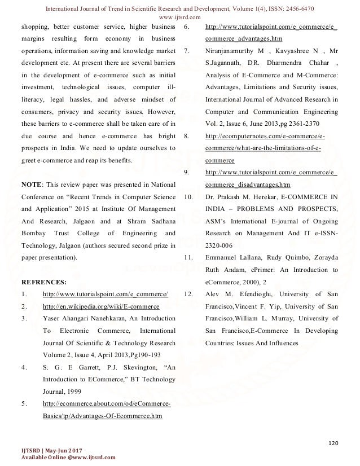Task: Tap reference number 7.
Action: point(186,50)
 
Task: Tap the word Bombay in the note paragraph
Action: point(32,232)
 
